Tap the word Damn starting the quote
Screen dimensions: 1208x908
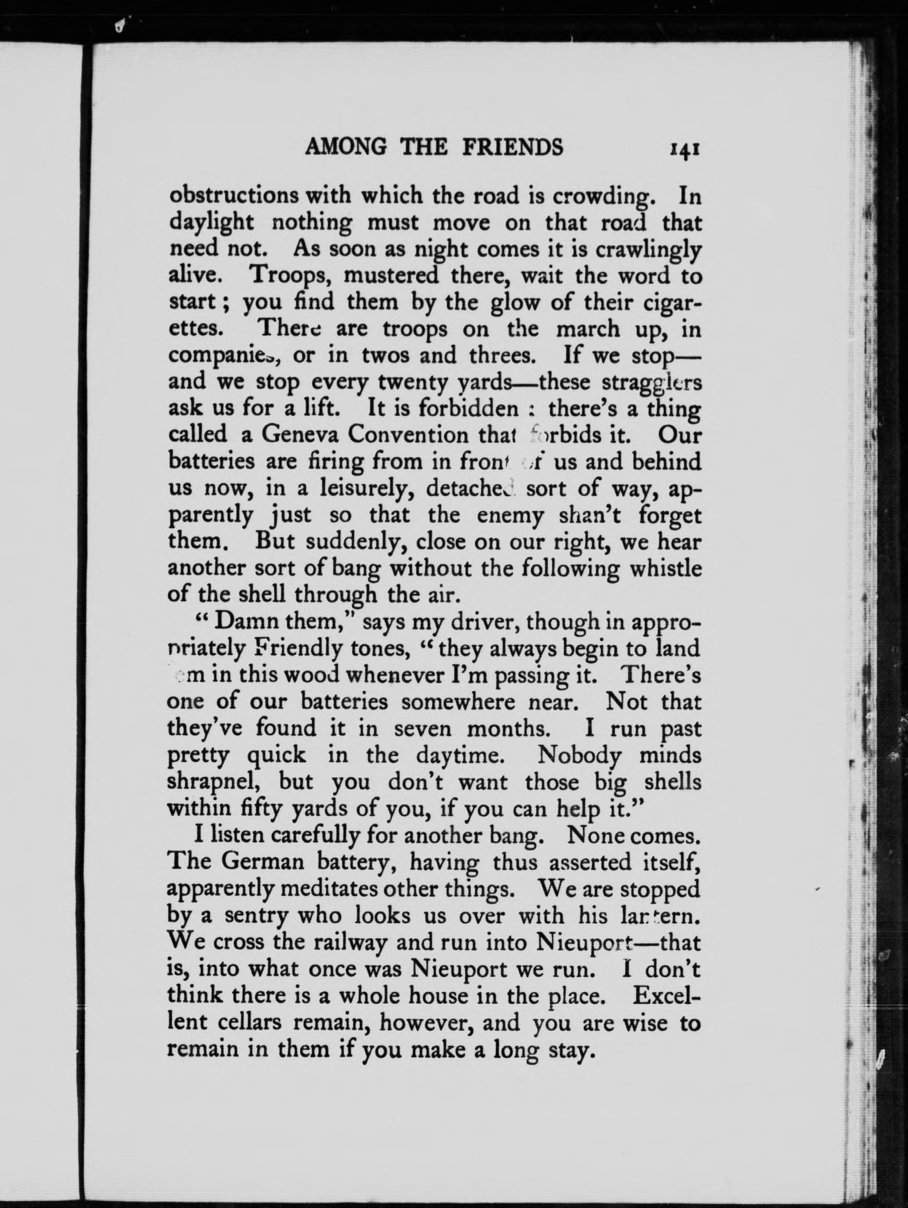[x=245, y=621]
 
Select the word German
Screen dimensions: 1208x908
[x=261, y=863]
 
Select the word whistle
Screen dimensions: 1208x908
[x=665, y=569]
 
